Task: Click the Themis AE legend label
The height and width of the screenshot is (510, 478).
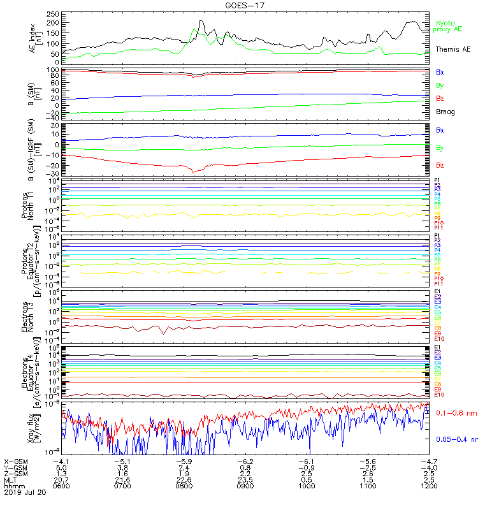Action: pyautogui.click(x=453, y=49)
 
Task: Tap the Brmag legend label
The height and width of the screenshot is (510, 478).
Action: pyautogui.click(x=445, y=112)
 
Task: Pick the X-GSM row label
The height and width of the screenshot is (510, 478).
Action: pyautogui.click(x=17, y=460)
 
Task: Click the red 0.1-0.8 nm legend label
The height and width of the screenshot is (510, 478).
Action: pyautogui.click(x=455, y=413)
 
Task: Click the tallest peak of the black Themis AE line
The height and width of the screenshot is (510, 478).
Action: pyautogui.click(x=201, y=21)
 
